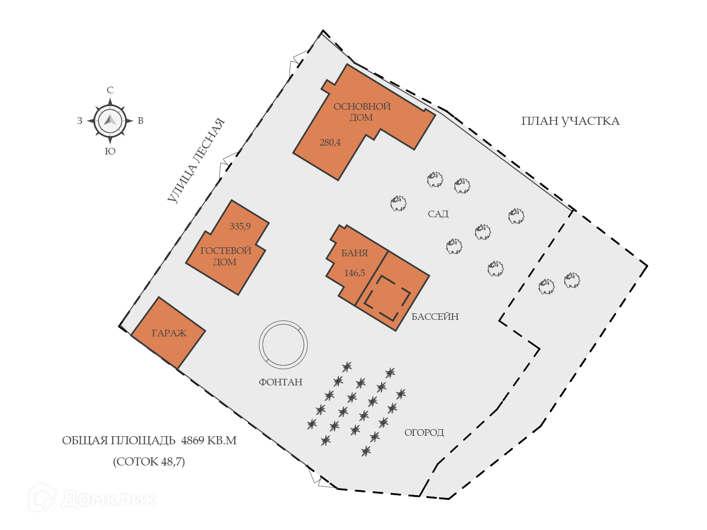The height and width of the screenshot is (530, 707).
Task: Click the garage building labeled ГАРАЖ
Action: pos(168,333)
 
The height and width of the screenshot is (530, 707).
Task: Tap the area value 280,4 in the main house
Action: pos(330,142)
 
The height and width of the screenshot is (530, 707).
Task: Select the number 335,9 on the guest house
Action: pos(240,226)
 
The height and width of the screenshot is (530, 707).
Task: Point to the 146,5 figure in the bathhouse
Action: pos(354,273)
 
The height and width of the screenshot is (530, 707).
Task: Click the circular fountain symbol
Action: pos(283,344)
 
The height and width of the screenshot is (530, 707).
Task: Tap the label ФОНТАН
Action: pos(280,382)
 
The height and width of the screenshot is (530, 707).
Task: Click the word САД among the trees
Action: pos(438,214)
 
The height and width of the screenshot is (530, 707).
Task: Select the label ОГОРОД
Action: pos(424,432)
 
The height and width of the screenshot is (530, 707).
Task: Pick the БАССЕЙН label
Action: pos(435,317)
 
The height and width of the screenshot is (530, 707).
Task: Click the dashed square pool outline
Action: pos(387,298)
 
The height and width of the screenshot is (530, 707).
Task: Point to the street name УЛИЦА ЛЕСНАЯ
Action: pos(196,161)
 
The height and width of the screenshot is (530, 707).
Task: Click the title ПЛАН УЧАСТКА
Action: pos(570,121)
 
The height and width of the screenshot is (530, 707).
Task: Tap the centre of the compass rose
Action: pos(110,121)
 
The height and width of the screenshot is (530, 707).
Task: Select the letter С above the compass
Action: pos(110,90)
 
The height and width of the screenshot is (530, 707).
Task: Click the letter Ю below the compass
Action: pos(110,151)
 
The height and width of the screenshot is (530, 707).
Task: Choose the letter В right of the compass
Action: pos(140,121)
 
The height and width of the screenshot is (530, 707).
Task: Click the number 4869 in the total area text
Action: pos(193,440)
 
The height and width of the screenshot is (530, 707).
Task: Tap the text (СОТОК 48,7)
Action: pos(149,461)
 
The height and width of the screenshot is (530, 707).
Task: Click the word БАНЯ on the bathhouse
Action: pos(354,253)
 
